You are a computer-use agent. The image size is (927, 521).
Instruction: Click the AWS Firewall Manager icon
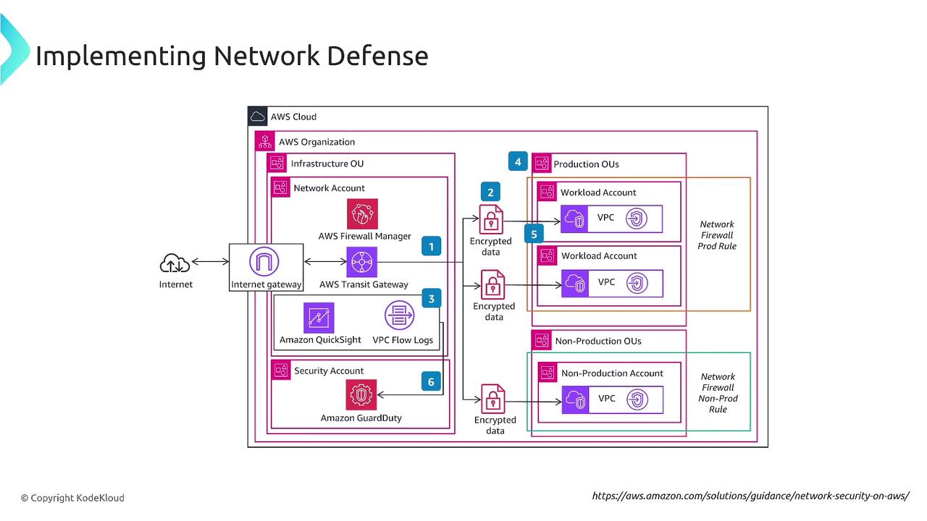coord(363,213)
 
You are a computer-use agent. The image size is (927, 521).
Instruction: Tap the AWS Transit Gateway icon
coord(363,262)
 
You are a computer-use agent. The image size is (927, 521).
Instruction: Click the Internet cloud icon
coord(175,263)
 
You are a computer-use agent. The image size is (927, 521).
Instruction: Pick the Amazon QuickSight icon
coord(319,318)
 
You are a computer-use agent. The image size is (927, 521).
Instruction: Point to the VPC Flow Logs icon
coord(399,318)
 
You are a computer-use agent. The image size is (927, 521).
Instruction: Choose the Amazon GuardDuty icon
coord(361,395)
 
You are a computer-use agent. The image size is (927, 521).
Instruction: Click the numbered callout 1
coord(432,247)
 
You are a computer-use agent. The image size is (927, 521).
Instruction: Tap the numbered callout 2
coord(490,192)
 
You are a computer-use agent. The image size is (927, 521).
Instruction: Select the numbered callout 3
coord(432,298)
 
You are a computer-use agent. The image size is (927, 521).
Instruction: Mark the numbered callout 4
coord(518,161)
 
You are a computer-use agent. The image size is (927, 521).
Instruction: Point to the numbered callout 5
coord(534,234)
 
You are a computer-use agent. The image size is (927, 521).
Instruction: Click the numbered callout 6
coord(432,381)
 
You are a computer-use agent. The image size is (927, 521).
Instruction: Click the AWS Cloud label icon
coord(258,117)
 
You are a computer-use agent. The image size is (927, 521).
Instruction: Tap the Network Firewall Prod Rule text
coord(716,235)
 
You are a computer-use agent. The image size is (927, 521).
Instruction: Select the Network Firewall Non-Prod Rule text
coord(718,393)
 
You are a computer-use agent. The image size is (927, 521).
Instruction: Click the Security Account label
coord(329,370)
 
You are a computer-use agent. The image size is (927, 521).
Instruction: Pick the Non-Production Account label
coord(612,373)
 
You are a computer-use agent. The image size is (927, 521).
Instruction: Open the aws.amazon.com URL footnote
coord(750,496)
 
